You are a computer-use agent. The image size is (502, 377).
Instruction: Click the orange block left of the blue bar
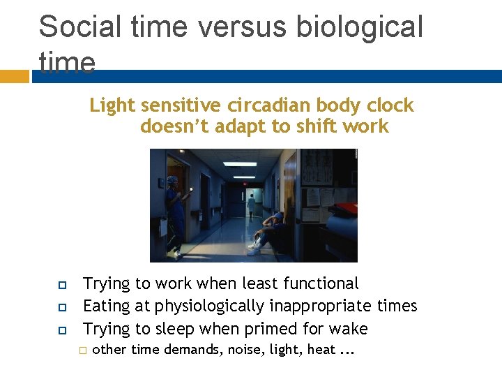click(x=14, y=75)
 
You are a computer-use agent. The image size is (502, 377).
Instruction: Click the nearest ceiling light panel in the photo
click(x=241, y=163)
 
